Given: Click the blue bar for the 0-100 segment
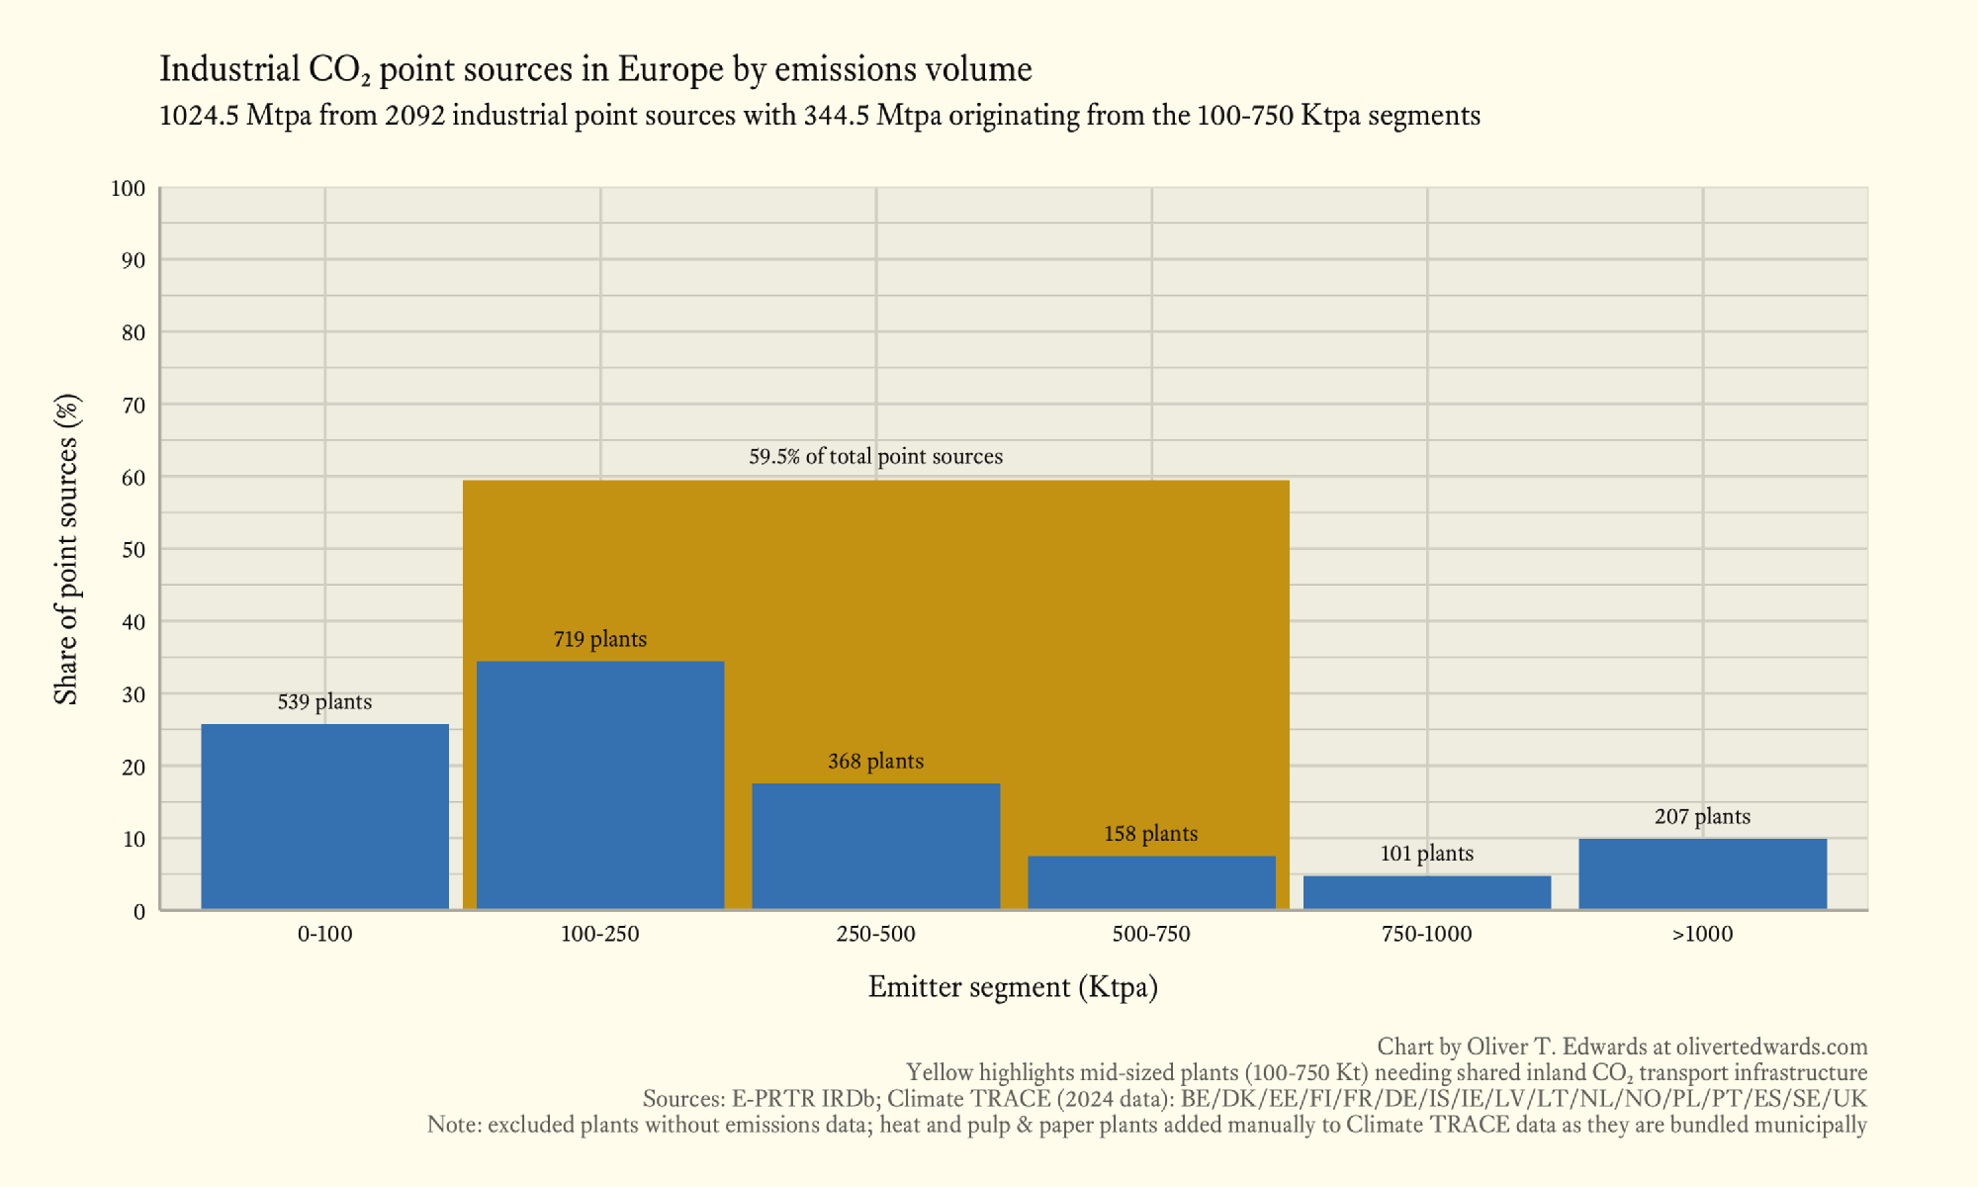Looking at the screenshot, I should coord(324,816).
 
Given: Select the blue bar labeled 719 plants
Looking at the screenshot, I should coord(600,784).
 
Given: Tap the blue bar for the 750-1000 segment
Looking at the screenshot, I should coord(1426,892).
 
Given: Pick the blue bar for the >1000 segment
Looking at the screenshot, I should coord(1702,873).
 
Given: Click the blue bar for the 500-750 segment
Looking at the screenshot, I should coord(1151,882).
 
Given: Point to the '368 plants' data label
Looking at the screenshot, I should coord(875,762).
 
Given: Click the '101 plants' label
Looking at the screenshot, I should coord(1426,854).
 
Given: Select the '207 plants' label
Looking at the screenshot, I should coord(1702,817).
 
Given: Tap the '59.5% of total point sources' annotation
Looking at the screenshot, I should coord(875,457).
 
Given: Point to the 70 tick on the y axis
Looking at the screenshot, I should coord(134,406).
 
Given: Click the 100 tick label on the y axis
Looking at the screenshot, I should coord(129,189).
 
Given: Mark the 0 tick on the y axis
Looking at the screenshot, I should coord(139,912).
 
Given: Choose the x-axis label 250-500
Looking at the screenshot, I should coord(875,934).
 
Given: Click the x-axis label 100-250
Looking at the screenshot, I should coord(600,934).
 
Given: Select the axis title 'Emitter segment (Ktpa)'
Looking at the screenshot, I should coord(1013,987).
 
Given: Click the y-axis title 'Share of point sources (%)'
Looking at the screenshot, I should coord(66,549).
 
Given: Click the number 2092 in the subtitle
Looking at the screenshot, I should coord(414,116).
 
